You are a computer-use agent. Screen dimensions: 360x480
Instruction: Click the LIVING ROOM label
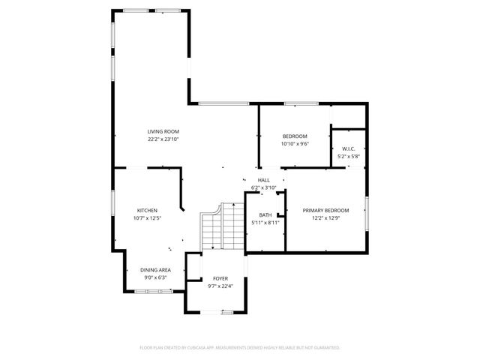(x=163, y=132)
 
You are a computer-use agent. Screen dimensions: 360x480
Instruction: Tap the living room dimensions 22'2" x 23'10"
(x=163, y=139)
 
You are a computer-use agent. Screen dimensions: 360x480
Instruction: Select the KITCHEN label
(x=147, y=211)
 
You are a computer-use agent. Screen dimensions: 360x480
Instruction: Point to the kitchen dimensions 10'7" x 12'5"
(x=147, y=217)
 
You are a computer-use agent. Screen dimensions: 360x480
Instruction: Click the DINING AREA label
(x=156, y=270)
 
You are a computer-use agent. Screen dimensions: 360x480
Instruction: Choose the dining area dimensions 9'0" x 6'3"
(x=156, y=277)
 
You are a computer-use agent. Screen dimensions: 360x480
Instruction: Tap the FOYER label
(x=220, y=279)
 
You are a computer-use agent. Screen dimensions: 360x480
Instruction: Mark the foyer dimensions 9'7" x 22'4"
(x=220, y=286)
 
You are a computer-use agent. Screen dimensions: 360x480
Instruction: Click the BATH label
(x=265, y=215)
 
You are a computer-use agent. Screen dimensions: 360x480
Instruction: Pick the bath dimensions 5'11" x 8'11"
(x=265, y=222)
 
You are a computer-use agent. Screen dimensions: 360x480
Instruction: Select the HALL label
(x=264, y=181)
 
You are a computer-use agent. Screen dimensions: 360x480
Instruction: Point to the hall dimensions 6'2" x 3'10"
(x=264, y=187)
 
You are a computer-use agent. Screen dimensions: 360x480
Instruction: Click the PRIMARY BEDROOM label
(x=325, y=211)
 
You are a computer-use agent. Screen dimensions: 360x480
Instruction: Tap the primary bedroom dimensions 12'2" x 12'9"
(x=325, y=217)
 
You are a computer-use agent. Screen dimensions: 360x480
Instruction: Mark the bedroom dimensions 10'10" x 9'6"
(x=295, y=143)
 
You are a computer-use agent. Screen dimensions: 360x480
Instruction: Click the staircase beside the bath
(x=223, y=229)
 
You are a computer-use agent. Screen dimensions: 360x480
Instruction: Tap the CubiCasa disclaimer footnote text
(x=240, y=348)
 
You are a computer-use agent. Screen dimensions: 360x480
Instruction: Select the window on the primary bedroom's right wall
(x=367, y=213)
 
